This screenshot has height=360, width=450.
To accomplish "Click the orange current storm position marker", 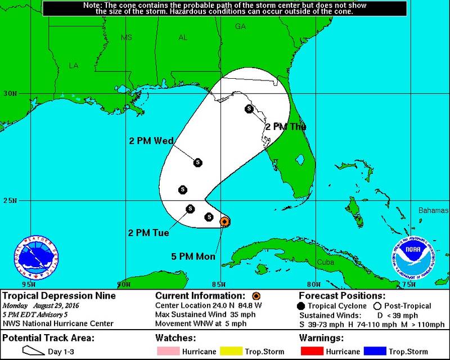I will (224, 222).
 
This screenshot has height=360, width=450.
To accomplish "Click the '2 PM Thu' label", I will (286, 127).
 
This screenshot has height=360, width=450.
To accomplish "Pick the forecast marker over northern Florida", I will (249, 109).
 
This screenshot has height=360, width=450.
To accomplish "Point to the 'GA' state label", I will (241, 26).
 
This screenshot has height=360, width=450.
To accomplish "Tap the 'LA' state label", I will (73, 65).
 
